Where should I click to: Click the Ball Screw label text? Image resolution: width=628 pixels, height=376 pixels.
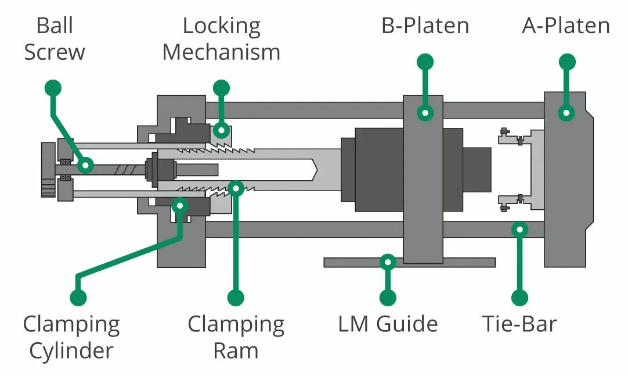tap(55, 39)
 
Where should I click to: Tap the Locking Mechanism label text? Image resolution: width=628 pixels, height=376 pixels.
tap(222, 39)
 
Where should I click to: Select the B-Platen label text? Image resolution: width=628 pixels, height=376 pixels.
tap(425, 26)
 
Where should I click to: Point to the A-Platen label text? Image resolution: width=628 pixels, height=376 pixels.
tap(566, 26)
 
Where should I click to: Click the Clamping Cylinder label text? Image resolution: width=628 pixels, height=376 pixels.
tap(71, 338)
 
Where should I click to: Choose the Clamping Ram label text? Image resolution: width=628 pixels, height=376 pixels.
tap(236, 338)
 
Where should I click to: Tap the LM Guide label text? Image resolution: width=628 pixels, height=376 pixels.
tap(388, 324)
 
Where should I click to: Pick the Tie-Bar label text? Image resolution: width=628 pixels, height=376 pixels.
tap(519, 324)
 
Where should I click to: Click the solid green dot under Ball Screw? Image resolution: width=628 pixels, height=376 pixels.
tap(53, 88)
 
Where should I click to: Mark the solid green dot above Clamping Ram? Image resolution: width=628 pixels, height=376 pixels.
tap(236, 298)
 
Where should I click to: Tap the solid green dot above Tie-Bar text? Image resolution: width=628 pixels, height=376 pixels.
tap(519, 298)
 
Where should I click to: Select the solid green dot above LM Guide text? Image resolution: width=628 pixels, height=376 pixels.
tap(388, 298)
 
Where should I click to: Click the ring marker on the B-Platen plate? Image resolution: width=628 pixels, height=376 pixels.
tap(425, 113)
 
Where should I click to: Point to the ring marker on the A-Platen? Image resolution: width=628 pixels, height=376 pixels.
tap(566, 113)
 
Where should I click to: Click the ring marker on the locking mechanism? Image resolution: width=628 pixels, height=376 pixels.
tap(221, 130)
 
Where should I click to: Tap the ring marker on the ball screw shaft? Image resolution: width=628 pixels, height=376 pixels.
tap(85, 165)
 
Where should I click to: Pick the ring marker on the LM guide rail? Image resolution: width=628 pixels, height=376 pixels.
tap(388, 262)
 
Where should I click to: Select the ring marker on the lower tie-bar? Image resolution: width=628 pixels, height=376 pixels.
tap(519, 230)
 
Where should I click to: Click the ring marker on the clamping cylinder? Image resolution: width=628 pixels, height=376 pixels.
tap(180, 206)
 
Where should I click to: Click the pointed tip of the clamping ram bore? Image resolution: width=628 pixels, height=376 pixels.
tap(317, 170)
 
